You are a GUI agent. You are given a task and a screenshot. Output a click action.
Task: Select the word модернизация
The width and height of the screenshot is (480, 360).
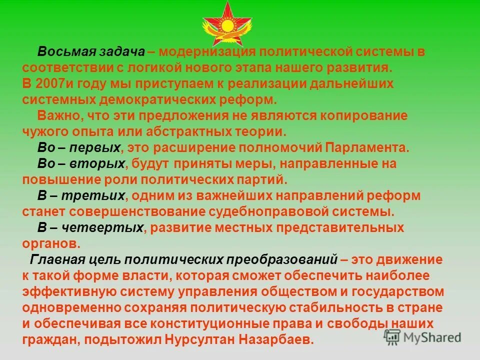208,52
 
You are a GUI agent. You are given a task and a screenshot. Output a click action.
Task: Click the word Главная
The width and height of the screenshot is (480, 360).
56,259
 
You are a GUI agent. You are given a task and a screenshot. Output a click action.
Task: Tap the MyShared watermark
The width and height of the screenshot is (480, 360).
422,336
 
